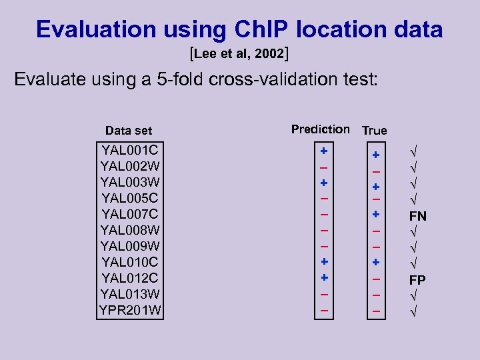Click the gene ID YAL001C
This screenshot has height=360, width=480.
tap(130, 149)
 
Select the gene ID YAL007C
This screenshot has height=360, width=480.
tap(130, 213)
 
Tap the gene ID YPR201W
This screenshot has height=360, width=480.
tap(130, 310)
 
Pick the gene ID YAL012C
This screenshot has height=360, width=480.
tap(130, 277)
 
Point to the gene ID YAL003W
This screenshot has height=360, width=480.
tap(130, 181)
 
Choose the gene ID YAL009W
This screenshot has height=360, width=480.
tap(130, 245)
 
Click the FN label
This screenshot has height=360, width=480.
tap(417, 216)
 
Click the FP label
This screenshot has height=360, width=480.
tap(417, 279)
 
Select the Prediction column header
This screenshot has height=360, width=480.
tap(320, 129)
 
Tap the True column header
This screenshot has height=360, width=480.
tap(374, 131)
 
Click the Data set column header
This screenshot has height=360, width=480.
tap(129, 131)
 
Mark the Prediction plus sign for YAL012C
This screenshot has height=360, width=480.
tap(323, 276)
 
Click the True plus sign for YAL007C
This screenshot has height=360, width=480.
tap(376, 214)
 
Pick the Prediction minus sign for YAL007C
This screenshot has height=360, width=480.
tap(323, 214)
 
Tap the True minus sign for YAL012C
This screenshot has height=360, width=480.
tap(376, 279)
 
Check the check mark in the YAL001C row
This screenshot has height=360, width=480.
tap(412, 153)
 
